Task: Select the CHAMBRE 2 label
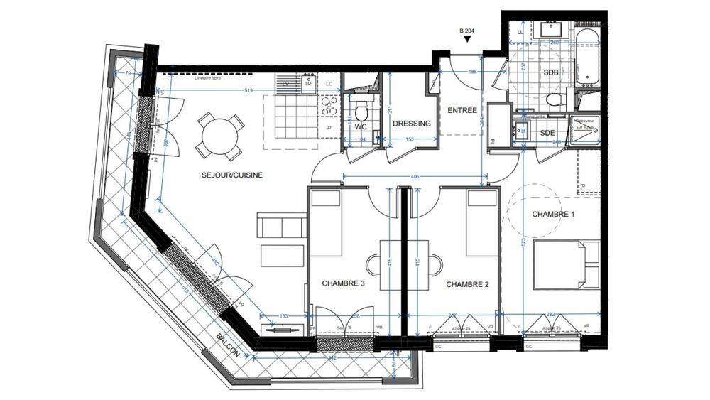click(x=469, y=283)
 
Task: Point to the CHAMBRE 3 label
click(x=344, y=283)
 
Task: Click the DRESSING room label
click(x=412, y=124)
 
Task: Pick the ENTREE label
click(x=461, y=110)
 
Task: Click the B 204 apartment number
click(x=468, y=31)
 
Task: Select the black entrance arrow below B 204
click(x=467, y=40)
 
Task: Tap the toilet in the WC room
click(x=361, y=112)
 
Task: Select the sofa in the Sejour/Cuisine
click(x=282, y=227)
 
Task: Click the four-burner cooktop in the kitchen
click(x=328, y=107)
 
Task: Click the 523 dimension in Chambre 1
click(x=524, y=242)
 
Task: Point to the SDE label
click(x=548, y=133)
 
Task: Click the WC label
click(x=360, y=126)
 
